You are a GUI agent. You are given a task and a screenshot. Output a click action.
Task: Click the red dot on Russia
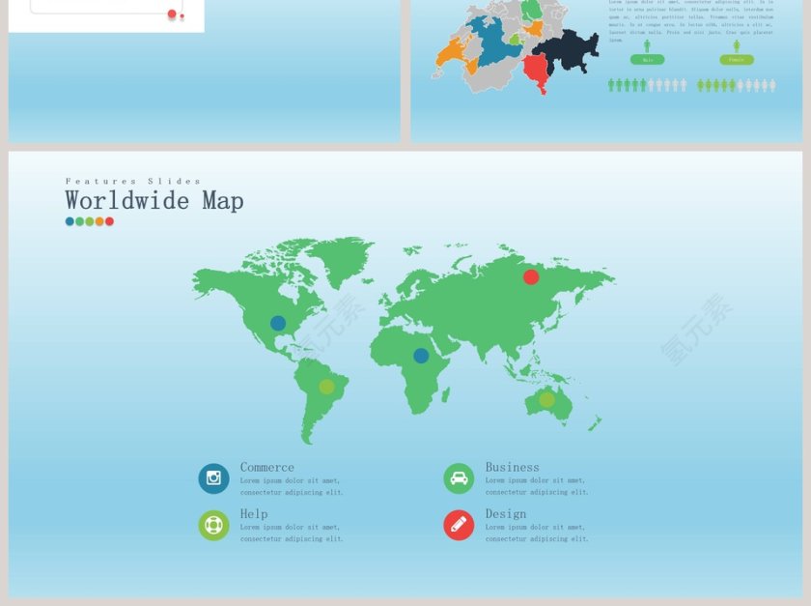click(531, 277)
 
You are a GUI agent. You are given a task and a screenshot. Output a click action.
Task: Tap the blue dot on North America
click(278, 324)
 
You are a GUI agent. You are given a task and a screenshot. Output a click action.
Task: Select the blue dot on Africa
click(421, 356)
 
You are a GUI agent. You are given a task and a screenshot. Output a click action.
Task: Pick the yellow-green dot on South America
click(327, 387)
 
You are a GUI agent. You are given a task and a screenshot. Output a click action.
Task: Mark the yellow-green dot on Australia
click(546, 399)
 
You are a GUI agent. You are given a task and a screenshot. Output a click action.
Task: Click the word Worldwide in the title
click(127, 201)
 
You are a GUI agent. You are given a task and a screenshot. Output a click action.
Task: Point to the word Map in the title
click(223, 201)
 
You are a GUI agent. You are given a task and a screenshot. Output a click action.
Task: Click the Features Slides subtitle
click(133, 181)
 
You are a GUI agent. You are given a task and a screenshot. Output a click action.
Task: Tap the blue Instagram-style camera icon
click(213, 478)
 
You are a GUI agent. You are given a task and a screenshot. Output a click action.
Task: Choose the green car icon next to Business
click(459, 478)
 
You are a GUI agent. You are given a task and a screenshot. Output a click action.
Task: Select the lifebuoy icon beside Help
click(213, 526)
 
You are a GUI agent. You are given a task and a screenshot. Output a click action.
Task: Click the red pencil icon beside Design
click(459, 526)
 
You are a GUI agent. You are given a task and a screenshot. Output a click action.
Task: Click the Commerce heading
click(267, 468)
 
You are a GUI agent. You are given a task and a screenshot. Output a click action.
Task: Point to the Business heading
click(513, 468)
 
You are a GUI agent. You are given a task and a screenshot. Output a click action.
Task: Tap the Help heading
click(254, 514)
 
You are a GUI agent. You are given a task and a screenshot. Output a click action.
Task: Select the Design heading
click(506, 514)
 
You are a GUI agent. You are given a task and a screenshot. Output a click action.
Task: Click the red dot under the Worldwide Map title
click(109, 221)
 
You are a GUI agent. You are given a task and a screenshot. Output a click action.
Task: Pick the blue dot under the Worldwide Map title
click(70, 221)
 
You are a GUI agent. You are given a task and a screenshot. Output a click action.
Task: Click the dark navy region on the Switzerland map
click(568, 48)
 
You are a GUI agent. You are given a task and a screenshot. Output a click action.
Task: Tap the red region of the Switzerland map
click(535, 70)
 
